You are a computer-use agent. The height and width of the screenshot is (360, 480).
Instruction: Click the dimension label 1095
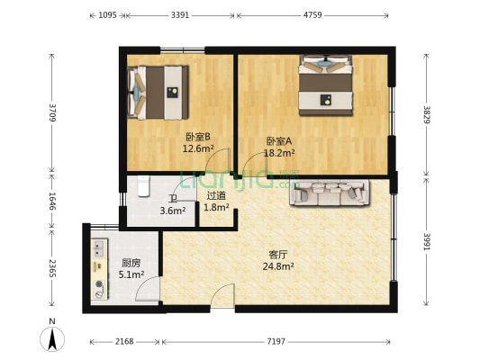pos(106,15)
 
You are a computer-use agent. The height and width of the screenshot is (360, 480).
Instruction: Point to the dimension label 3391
pos(179,15)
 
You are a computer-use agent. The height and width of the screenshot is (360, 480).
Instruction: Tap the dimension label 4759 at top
pos(312,15)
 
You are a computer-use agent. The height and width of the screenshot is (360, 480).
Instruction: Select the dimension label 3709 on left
pos(53,112)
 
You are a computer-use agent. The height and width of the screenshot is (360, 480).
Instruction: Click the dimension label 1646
pos(53,200)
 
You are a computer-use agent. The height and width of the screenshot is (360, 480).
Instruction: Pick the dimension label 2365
pos(53,268)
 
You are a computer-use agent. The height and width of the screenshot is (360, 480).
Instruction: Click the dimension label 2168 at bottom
pos(125,342)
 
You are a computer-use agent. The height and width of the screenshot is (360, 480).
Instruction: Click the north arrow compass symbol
pos(53,338)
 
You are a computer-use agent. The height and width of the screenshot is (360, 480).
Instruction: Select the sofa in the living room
pos(329,192)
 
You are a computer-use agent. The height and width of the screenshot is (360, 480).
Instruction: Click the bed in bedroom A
pos(325,85)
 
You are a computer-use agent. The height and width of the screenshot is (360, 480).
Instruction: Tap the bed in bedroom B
pos(158,91)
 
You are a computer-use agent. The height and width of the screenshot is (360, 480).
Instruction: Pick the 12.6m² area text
pos(198,148)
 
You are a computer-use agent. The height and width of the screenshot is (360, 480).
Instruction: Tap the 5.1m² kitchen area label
pos(132,274)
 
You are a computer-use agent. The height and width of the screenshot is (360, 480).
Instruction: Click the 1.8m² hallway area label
pos(216,207)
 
